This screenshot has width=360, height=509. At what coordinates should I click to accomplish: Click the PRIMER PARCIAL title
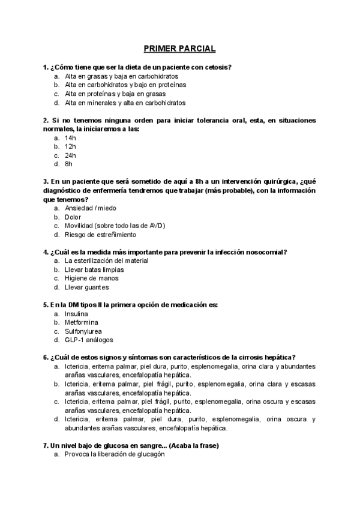(x=179, y=48)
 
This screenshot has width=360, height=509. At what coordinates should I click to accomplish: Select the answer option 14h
(x=71, y=137)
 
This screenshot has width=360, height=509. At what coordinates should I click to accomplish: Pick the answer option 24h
(x=71, y=155)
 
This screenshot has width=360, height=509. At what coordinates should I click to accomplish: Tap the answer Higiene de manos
(x=92, y=278)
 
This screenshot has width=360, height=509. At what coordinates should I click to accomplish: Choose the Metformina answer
(x=82, y=322)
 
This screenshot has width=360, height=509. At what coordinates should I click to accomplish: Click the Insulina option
(x=77, y=313)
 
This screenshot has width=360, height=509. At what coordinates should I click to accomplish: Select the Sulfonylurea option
(x=83, y=331)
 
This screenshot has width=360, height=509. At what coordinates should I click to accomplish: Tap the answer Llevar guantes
(x=87, y=287)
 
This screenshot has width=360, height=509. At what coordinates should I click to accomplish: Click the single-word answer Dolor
(x=73, y=217)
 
